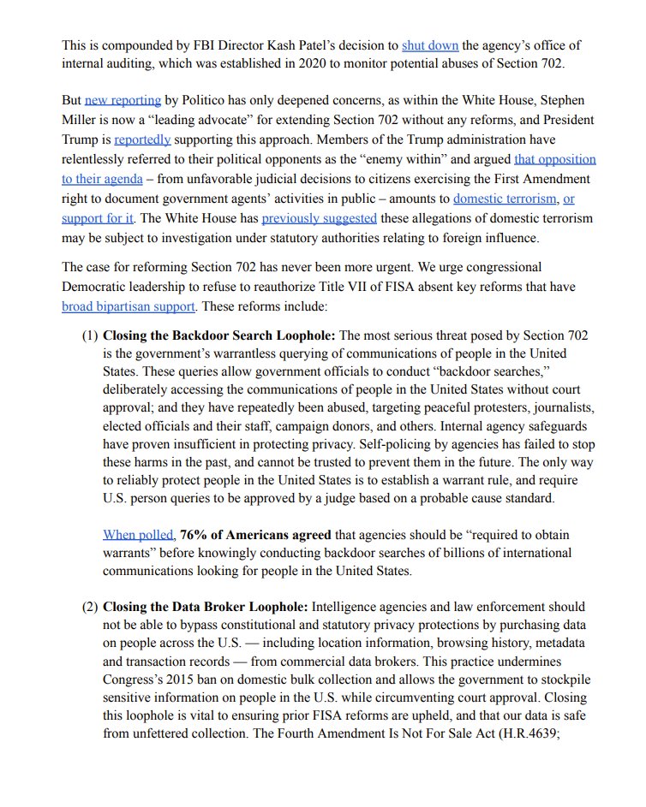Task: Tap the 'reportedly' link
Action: click(x=142, y=139)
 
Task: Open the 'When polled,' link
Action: click(x=139, y=535)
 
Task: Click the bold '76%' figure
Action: click(x=195, y=535)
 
